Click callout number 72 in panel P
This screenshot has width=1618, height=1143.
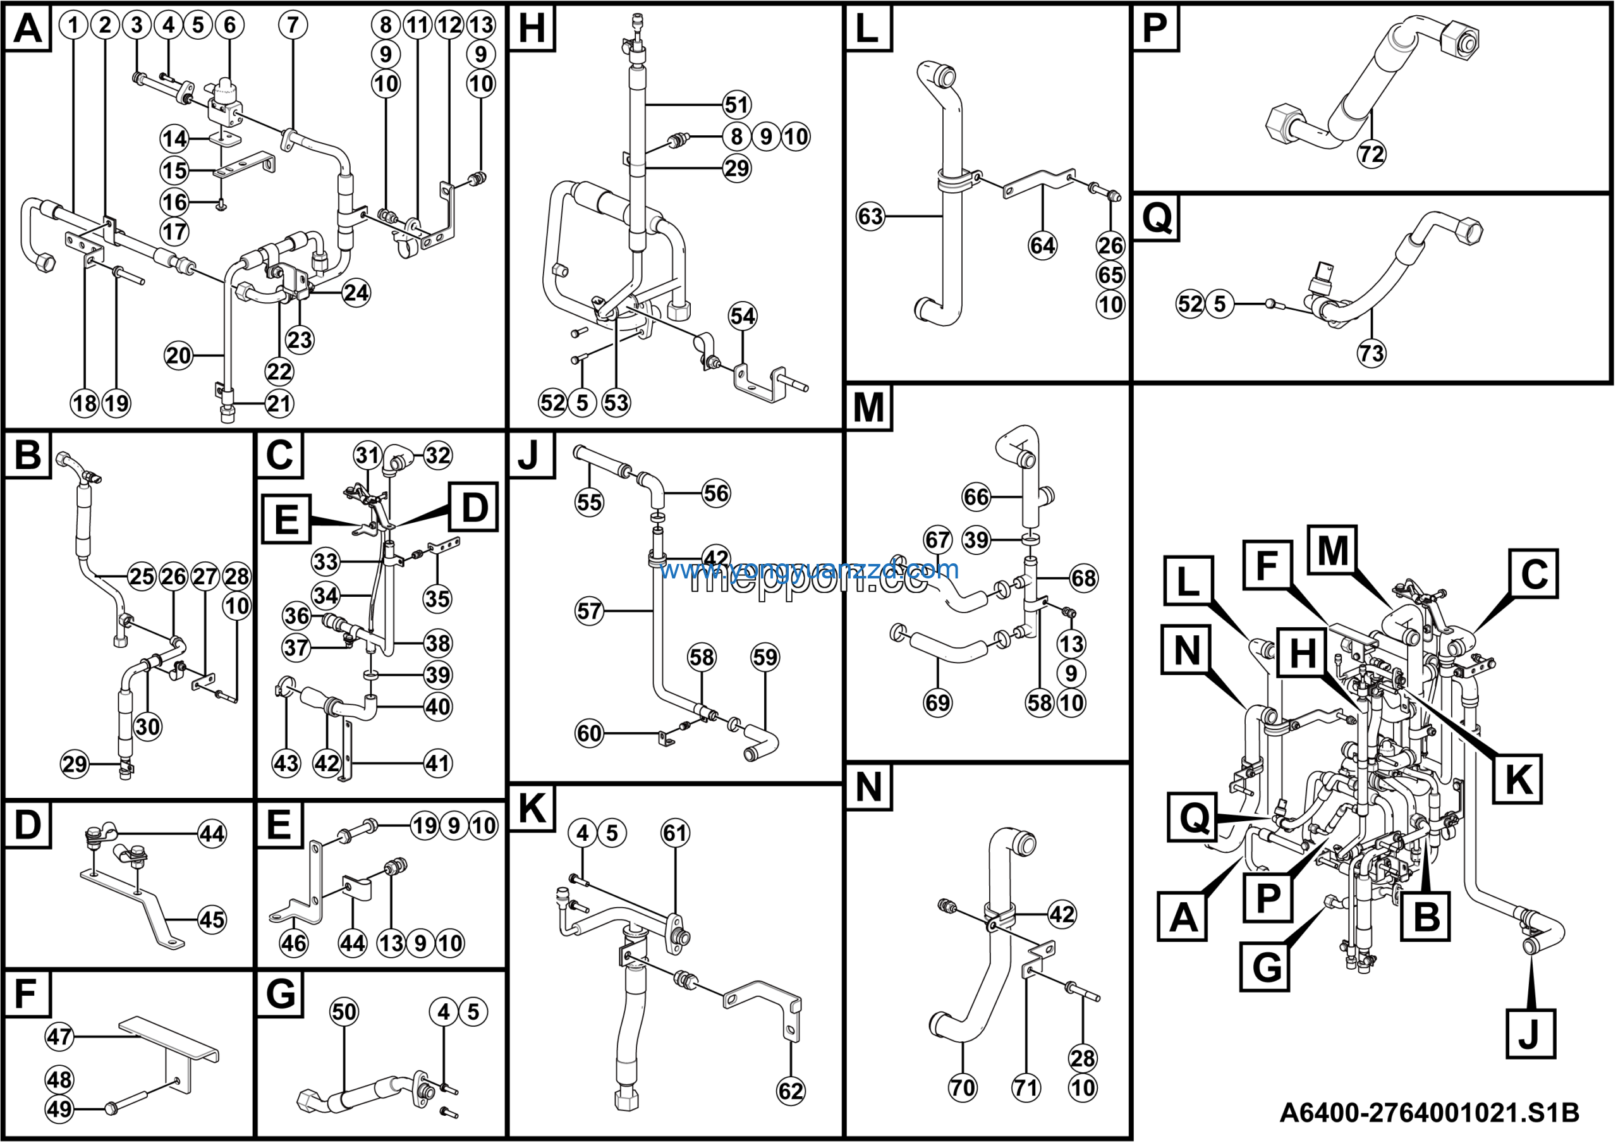pyautogui.click(x=1372, y=154)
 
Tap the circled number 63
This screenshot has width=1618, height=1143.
pyautogui.click(x=870, y=216)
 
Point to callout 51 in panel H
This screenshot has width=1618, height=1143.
pyautogui.click(x=737, y=105)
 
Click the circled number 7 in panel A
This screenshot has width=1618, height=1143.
pyautogui.click(x=293, y=25)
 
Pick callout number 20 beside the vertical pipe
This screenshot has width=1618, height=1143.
pyautogui.click(x=178, y=355)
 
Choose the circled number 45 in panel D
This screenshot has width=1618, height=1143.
pyautogui.click(x=211, y=920)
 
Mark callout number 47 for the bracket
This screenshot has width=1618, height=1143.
pyautogui.click(x=59, y=1037)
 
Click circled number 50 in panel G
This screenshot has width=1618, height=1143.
pyautogui.click(x=344, y=1012)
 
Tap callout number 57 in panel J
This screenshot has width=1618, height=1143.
pyautogui.click(x=589, y=611)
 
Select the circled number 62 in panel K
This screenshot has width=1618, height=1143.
pyautogui.click(x=790, y=1091)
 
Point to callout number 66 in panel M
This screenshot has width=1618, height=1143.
pyautogui.click(x=976, y=497)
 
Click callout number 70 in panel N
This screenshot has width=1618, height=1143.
pyautogui.click(x=963, y=1088)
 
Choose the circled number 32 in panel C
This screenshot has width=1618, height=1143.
pyautogui.click(x=437, y=455)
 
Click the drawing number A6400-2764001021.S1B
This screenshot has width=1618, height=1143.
pyautogui.click(x=1429, y=1113)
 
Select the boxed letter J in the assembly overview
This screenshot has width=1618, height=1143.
pyautogui.click(x=1530, y=1034)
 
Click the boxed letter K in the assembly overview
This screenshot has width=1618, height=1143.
pyautogui.click(x=1518, y=779)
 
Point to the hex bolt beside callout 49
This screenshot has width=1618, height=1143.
pyautogui.click(x=111, y=1108)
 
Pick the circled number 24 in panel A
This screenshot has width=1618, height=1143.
pyautogui.click(x=356, y=293)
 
